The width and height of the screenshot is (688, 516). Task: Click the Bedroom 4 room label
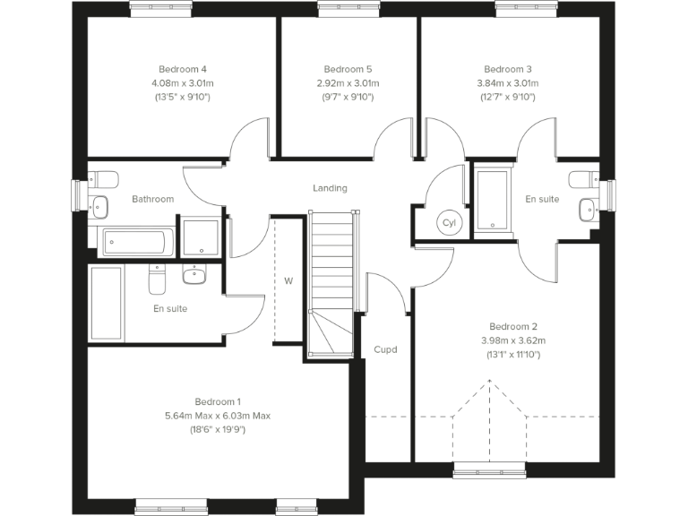pyautogui.click(x=183, y=69)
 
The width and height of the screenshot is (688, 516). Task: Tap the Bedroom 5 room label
pyautogui.click(x=348, y=69)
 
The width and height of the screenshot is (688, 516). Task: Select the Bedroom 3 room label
pyautogui.click(x=508, y=69)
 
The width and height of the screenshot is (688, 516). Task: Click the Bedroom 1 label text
pyautogui.click(x=218, y=401)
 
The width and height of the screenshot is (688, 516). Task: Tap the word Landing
pyautogui.click(x=330, y=188)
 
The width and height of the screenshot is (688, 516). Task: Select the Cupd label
pyautogui.click(x=385, y=349)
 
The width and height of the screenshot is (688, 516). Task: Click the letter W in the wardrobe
pyautogui.click(x=288, y=280)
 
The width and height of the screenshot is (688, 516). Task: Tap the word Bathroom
pyautogui.click(x=152, y=199)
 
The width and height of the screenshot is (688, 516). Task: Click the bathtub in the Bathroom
pyautogui.click(x=136, y=240)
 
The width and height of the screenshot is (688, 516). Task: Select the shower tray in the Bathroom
pyautogui.click(x=200, y=236)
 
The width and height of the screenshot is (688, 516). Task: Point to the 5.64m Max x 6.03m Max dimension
pyautogui.click(x=218, y=416)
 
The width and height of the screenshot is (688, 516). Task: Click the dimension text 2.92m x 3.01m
pyautogui.click(x=348, y=82)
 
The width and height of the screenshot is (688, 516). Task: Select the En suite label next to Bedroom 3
pyautogui.click(x=542, y=199)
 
